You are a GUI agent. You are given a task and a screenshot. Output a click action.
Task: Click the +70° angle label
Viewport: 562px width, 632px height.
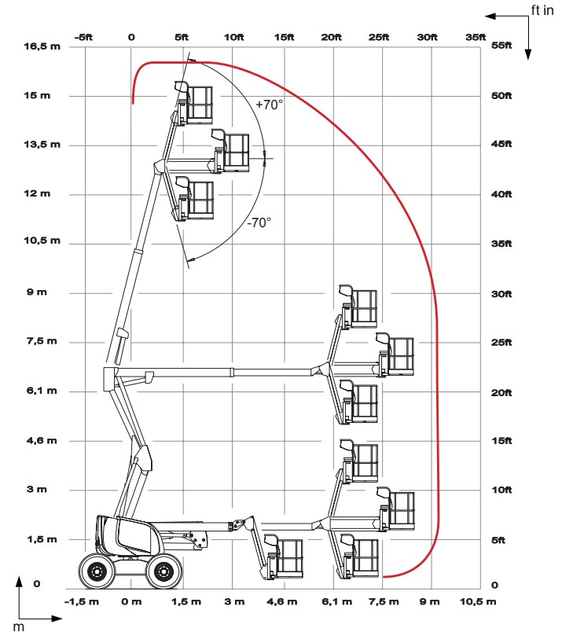[269, 105]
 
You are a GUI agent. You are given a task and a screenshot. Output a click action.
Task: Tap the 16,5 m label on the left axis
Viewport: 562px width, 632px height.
[42, 46]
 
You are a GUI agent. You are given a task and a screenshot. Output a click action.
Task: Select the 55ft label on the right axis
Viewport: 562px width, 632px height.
[501, 46]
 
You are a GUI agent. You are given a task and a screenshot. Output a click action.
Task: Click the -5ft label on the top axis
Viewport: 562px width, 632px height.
[81, 36]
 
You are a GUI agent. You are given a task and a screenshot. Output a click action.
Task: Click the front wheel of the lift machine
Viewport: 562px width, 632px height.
[164, 570]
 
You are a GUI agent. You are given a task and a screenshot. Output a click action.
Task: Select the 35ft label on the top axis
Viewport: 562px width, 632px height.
[476, 36]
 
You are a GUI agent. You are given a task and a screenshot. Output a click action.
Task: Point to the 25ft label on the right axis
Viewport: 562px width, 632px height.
[501, 342]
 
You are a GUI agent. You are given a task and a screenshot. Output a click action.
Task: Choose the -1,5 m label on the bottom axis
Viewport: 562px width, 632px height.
[81, 602]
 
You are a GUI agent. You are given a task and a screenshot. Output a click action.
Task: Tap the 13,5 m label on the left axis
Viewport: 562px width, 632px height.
[42, 145]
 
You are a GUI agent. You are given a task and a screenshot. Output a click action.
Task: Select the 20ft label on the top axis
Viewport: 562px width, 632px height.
[332, 36]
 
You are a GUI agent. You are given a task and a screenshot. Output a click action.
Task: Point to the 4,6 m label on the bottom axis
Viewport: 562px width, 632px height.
[281, 602]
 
